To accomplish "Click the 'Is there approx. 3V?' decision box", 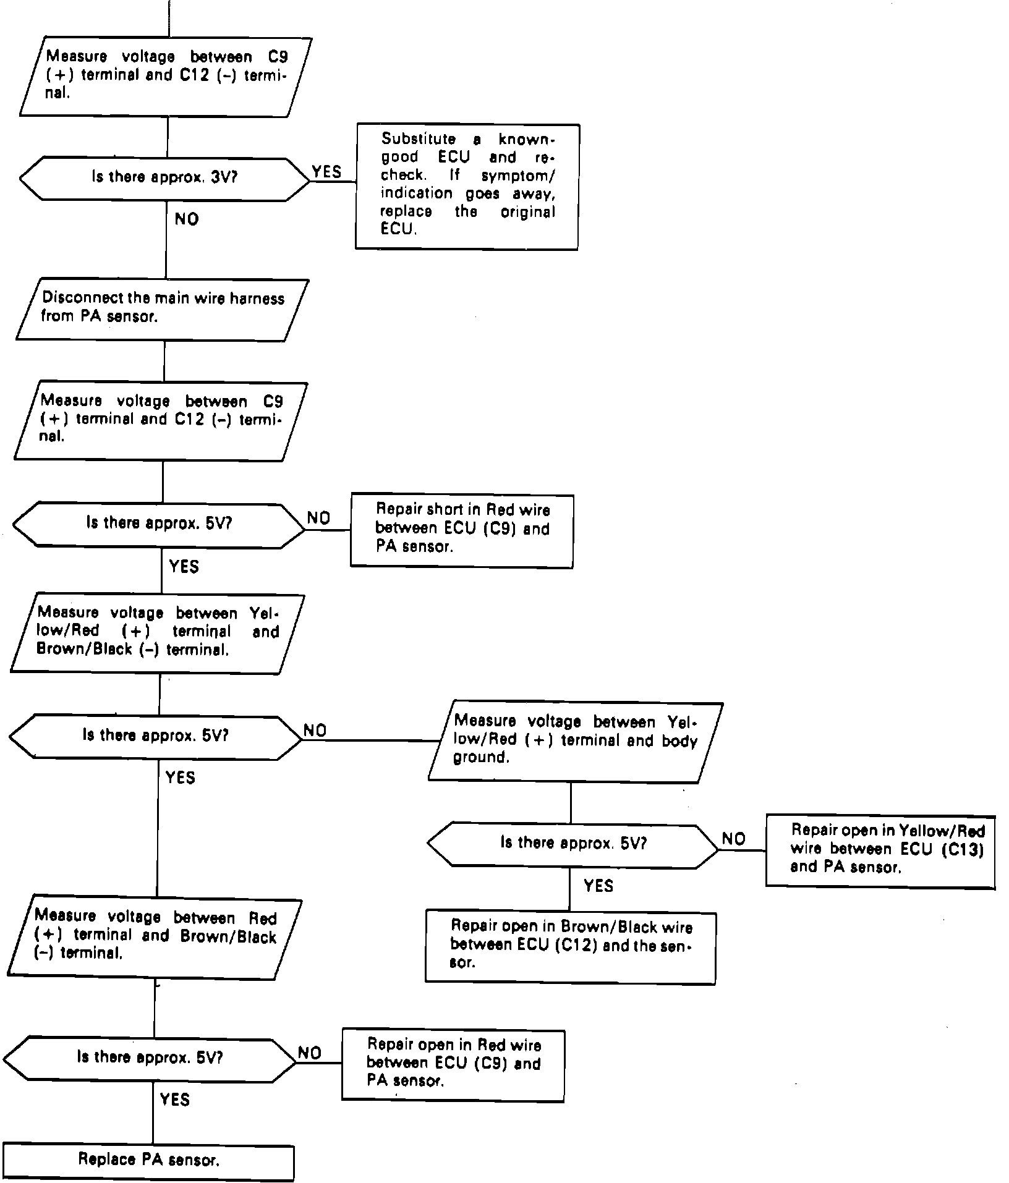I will click(x=164, y=178).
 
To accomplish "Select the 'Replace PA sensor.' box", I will click(x=148, y=1160).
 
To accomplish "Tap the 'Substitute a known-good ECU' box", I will click(x=467, y=186).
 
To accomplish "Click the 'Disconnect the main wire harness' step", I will click(x=163, y=308).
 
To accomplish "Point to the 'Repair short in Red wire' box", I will click(x=462, y=530).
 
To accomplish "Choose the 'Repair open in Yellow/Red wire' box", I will click(x=880, y=850).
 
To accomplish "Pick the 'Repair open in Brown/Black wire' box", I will click(x=570, y=946).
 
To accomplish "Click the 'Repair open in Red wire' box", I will click(x=453, y=1064).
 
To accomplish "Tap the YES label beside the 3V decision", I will click(x=326, y=172).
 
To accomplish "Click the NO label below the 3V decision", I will click(x=187, y=219).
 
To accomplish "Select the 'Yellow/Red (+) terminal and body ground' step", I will click(x=575, y=740).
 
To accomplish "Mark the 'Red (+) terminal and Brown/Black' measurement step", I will click(x=155, y=936).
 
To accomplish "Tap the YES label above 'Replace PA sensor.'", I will click(x=174, y=1100).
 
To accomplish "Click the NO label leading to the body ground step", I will click(x=315, y=731).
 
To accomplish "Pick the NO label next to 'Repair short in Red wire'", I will click(x=318, y=519).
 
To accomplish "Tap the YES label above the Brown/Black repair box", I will click(x=598, y=886).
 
